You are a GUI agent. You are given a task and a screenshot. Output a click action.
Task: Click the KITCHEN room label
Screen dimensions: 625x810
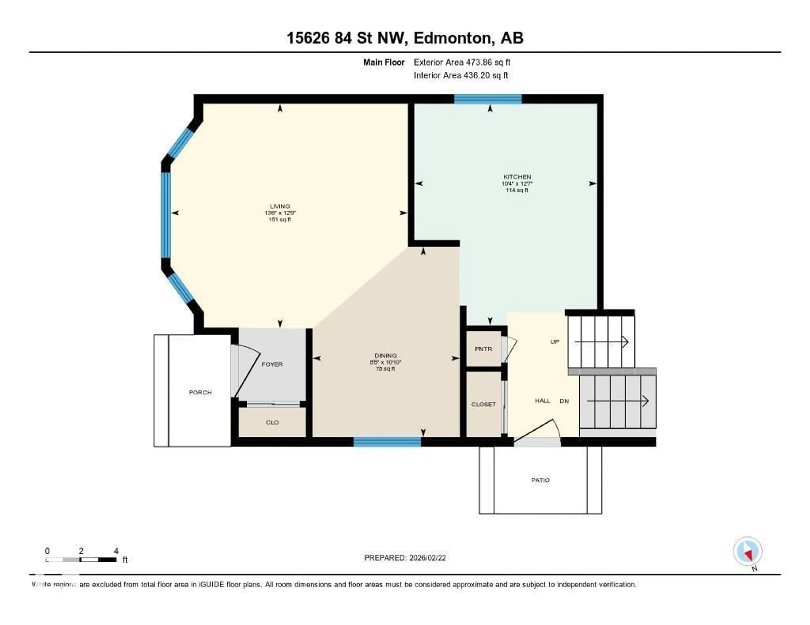pyautogui.click(x=517, y=177)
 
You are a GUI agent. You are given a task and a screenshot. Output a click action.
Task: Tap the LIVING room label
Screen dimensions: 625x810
pyautogui.click(x=280, y=206)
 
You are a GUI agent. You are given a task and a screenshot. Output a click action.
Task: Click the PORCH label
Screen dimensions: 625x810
pyautogui.click(x=200, y=392)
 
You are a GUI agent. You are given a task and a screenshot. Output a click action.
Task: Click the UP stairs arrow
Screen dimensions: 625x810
pyautogui.click(x=601, y=342)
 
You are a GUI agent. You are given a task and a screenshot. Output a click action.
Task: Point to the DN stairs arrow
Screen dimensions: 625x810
pyautogui.click(x=617, y=401)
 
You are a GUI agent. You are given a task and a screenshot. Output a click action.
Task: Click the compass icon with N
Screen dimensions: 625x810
pyautogui.click(x=748, y=551)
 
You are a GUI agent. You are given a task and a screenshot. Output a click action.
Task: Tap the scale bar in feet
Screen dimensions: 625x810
pyautogui.click(x=81, y=559)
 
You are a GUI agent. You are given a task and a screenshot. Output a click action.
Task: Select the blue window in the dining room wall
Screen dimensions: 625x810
pyautogui.click(x=387, y=442)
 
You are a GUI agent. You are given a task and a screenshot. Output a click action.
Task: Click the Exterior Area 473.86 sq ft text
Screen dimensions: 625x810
pyautogui.click(x=462, y=62)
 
